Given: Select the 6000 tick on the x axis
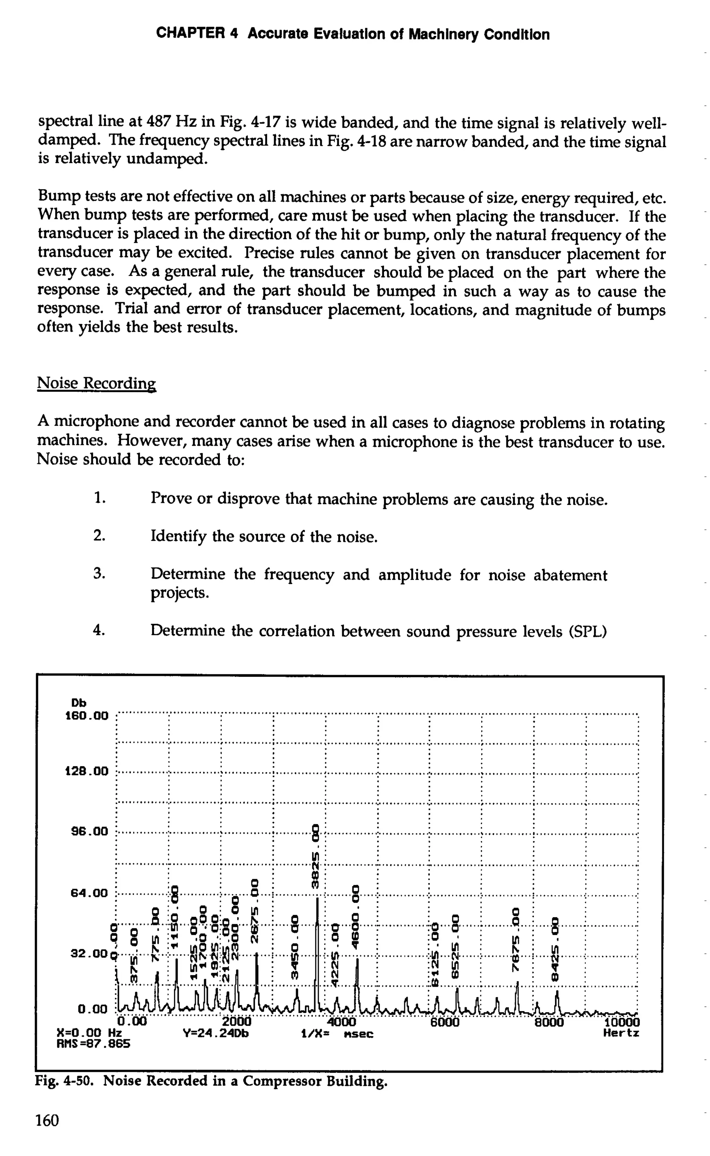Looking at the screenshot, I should click(445, 1022).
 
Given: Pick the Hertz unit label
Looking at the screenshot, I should click(621, 1033).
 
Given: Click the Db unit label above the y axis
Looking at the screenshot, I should click(78, 703).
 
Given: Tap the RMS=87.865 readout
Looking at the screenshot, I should click(93, 1044).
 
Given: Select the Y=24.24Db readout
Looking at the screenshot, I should click(216, 1033).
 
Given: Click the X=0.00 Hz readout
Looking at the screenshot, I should click(89, 1033).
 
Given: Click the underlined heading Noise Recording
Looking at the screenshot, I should click(96, 383).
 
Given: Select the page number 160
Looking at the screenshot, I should click(47, 1121).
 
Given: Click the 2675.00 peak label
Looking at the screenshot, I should click(255, 910).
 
